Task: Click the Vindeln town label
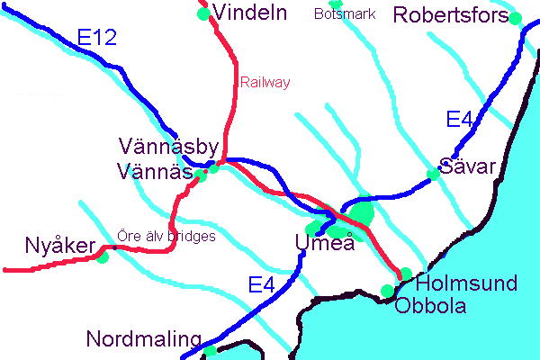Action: click(x=251, y=13)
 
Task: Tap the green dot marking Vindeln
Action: click(x=203, y=13)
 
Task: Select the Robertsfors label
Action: click(x=451, y=15)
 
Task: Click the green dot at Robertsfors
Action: click(x=515, y=18)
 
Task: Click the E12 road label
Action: click(x=96, y=38)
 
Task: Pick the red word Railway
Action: click(x=265, y=82)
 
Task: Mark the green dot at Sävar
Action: click(x=433, y=174)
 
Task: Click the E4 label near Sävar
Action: click(x=460, y=119)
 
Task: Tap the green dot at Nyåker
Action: click(x=103, y=257)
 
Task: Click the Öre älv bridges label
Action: click(x=166, y=237)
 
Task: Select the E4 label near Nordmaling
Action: click(x=260, y=286)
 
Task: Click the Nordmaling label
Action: click(x=143, y=339)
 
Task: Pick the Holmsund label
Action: click(x=467, y=284)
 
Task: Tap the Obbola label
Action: click(x=430, y=306)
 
